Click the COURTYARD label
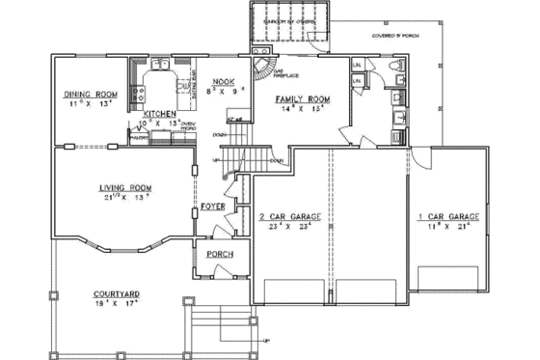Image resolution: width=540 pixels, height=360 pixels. pos(120,293)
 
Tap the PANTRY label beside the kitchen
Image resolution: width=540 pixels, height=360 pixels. pos(140,137)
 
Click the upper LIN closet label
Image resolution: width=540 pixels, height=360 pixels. pos(357,65)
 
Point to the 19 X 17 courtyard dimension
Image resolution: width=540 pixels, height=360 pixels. pos(120,303)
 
